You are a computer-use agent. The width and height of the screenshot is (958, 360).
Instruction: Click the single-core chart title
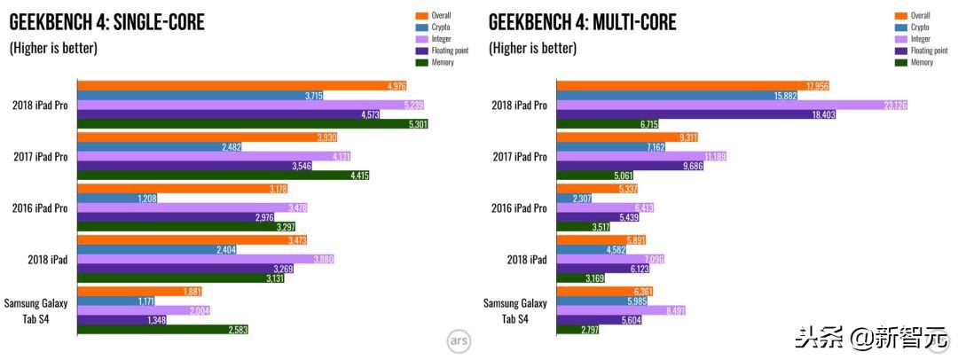106,22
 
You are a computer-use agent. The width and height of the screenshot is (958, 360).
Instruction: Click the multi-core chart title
583,22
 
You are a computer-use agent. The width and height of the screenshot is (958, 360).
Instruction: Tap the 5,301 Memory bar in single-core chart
253,124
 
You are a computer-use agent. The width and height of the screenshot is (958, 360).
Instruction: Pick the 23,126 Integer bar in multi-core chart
732,106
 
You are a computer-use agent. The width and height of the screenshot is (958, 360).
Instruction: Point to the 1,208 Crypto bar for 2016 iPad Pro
117,199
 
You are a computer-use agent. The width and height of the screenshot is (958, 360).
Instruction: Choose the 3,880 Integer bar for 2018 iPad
206,259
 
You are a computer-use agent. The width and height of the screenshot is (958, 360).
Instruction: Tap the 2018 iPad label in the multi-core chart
527,259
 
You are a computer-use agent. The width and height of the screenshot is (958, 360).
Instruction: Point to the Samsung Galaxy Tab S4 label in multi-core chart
515,310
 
